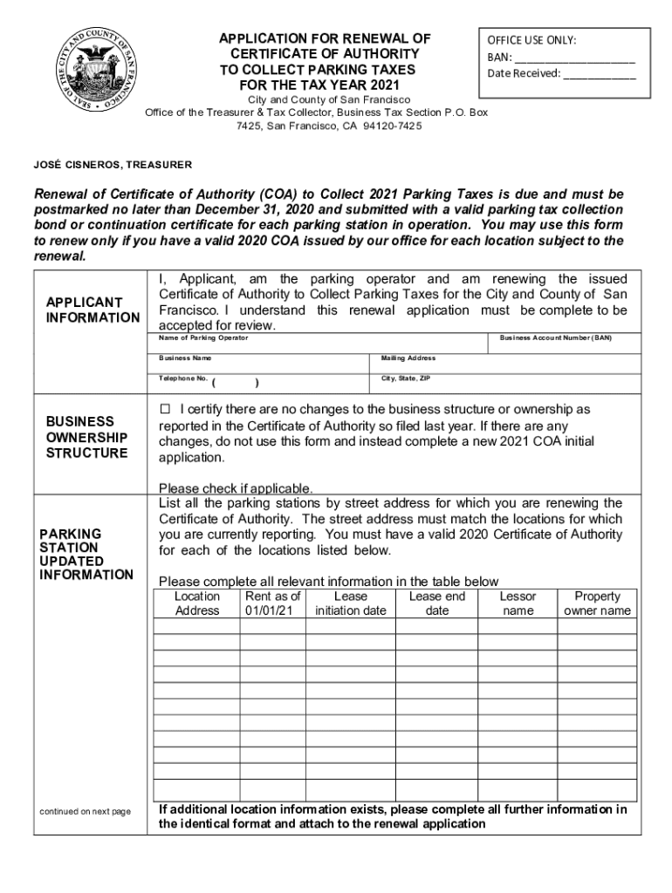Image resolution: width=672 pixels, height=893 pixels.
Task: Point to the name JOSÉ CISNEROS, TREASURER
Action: [113, 165]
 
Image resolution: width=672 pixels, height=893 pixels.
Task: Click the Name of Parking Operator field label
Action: [203, 337]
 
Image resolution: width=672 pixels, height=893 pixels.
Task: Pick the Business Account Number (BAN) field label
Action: [556, 337]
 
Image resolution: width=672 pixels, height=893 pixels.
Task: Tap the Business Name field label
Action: [185, 358]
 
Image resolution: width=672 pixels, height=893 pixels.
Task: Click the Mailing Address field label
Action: [408, 358]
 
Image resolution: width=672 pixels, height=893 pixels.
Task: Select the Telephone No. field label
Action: [183, 379]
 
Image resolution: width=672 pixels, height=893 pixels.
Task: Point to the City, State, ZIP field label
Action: [406, 379]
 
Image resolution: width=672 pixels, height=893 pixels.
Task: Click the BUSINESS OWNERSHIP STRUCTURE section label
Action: [86, 437]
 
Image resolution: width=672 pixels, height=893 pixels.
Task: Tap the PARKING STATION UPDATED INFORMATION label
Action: [86, 554]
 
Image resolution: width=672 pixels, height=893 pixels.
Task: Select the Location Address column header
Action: [197, 603]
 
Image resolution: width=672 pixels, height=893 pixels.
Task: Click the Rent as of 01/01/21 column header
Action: [273, 603]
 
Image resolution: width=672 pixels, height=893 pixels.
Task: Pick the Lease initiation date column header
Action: [350, 603]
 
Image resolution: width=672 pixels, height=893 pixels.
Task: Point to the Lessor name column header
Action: [518, 603]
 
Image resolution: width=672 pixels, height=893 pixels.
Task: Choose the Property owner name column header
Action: [597, 603]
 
